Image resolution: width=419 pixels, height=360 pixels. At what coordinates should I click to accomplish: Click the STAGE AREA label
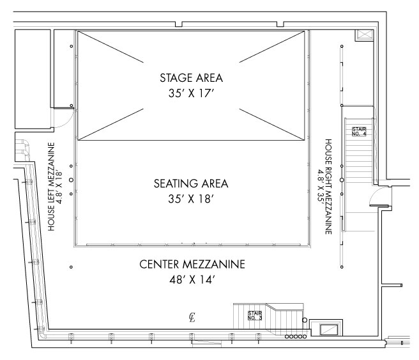tap(192, 78)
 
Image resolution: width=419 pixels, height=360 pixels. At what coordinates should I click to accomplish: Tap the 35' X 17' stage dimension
tap(192, 93)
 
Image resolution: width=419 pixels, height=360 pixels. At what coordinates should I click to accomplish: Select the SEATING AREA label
tap(191, 184)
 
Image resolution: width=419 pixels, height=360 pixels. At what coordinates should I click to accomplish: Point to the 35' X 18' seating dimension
tap(191, 199)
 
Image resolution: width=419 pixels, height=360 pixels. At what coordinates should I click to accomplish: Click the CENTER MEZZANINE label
tap(192, 264)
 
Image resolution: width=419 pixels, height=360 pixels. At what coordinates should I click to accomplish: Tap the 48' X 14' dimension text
tap(192, 280)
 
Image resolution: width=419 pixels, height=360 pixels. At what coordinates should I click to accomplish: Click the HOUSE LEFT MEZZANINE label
tap(51, 187)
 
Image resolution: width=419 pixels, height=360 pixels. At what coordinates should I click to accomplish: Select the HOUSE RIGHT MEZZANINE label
tap(328, 187)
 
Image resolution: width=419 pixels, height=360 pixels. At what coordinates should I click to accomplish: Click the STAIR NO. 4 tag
tap(359, 132)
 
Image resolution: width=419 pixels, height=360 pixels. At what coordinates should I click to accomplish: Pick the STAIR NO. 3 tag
tap(255, 316)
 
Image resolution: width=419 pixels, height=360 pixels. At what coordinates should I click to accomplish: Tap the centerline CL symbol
tap(192, 317)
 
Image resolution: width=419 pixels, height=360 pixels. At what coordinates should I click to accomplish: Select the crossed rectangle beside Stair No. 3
tap(330, 329)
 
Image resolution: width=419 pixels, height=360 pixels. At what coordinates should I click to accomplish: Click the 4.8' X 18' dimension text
tap(59, 187)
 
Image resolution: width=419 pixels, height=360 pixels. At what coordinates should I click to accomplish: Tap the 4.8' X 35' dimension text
tap(321, 187)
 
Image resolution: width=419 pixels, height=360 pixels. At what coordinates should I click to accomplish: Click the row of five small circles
tap(296, 336)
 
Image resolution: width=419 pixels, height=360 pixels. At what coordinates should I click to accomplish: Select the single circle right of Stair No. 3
tap(305, 320)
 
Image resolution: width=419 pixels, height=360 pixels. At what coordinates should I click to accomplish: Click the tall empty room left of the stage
tap(33, 79)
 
